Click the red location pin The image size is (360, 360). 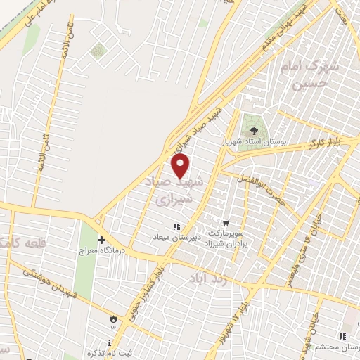[x=181, y=167]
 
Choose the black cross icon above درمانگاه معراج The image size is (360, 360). [x=101, y=240]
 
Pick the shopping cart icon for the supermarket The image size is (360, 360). [x=226, y=222]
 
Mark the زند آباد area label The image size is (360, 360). [x=208, y=280]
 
